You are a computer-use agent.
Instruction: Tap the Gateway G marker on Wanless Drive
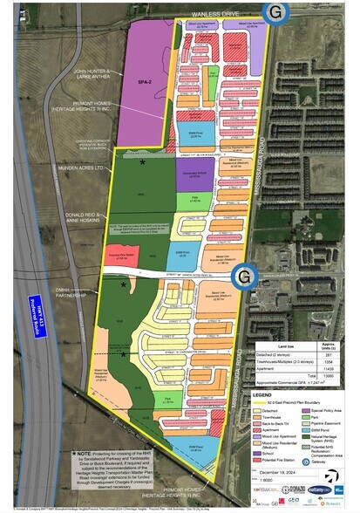[x=275, y=12]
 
